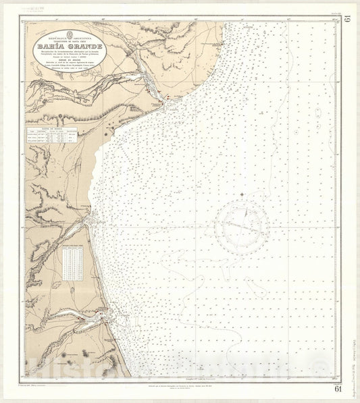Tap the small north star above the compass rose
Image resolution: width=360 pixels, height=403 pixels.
[242, 195]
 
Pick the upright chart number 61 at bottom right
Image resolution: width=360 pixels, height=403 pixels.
[337, 387]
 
